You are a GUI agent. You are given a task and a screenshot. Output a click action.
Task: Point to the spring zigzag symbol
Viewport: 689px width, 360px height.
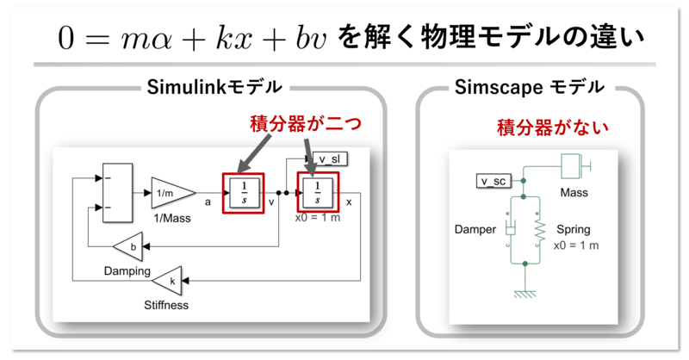coord(540,230)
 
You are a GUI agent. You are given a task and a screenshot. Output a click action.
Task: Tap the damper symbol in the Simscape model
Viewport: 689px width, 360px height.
coord(510,230)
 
